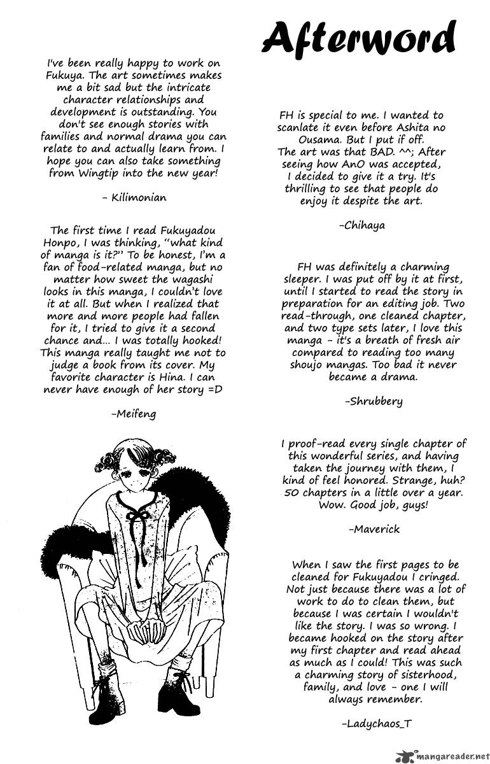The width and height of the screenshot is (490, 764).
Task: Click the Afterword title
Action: pos(359,40)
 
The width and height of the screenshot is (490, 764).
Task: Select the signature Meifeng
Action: pos(133,414)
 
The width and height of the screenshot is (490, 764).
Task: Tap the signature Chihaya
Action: pos(362,225)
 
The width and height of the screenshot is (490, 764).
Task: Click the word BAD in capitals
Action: pos(391,152)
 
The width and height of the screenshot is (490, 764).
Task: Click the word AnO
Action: pos(349,164)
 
